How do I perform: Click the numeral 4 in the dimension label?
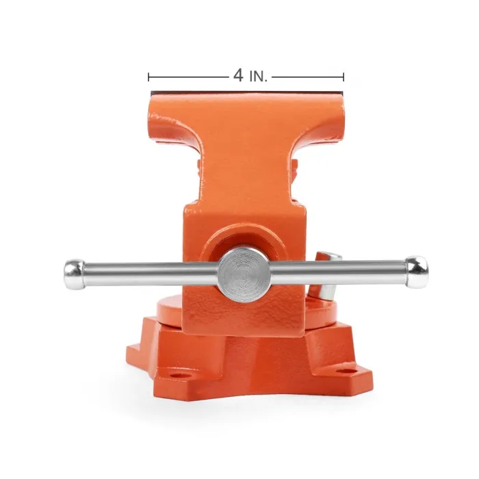238,75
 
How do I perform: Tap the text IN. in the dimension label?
259,77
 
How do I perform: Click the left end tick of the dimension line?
148,77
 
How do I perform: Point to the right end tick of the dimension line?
344,77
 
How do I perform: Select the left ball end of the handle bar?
74,274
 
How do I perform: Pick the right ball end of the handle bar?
417,272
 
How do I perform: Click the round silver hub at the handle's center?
244,274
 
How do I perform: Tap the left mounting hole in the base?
177,375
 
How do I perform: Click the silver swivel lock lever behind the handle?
327,275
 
